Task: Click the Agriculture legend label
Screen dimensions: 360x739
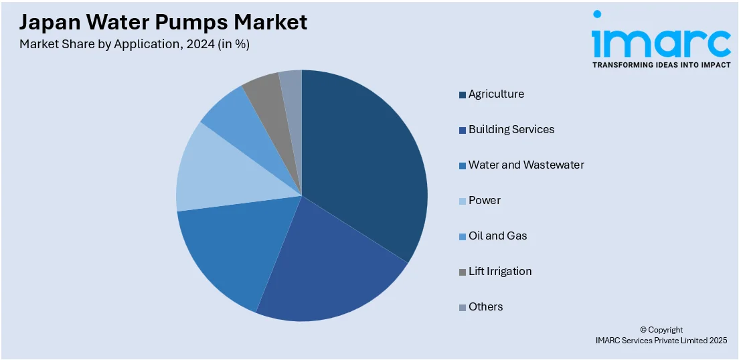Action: pos(496,94)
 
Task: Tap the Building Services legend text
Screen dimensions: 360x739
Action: pos(511,130)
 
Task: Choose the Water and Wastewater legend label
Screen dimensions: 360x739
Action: pos(526,165)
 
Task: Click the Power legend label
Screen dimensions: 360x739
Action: pos(485,201)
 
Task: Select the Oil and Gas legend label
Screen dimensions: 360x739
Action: pos(497,236)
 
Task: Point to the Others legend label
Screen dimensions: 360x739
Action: pos(486,307)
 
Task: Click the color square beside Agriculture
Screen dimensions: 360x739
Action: pos(463,95)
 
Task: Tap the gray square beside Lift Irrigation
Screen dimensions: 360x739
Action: pos(463,272)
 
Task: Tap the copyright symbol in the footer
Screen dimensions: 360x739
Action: pos(644,330)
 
